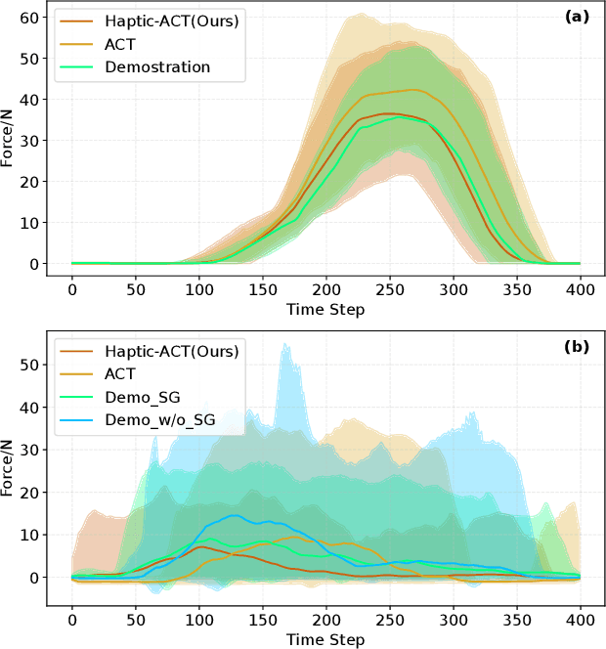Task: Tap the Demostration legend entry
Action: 158,67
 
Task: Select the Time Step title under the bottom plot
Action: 326,640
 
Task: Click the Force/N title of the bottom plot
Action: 9,467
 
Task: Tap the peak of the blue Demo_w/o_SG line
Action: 235,515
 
